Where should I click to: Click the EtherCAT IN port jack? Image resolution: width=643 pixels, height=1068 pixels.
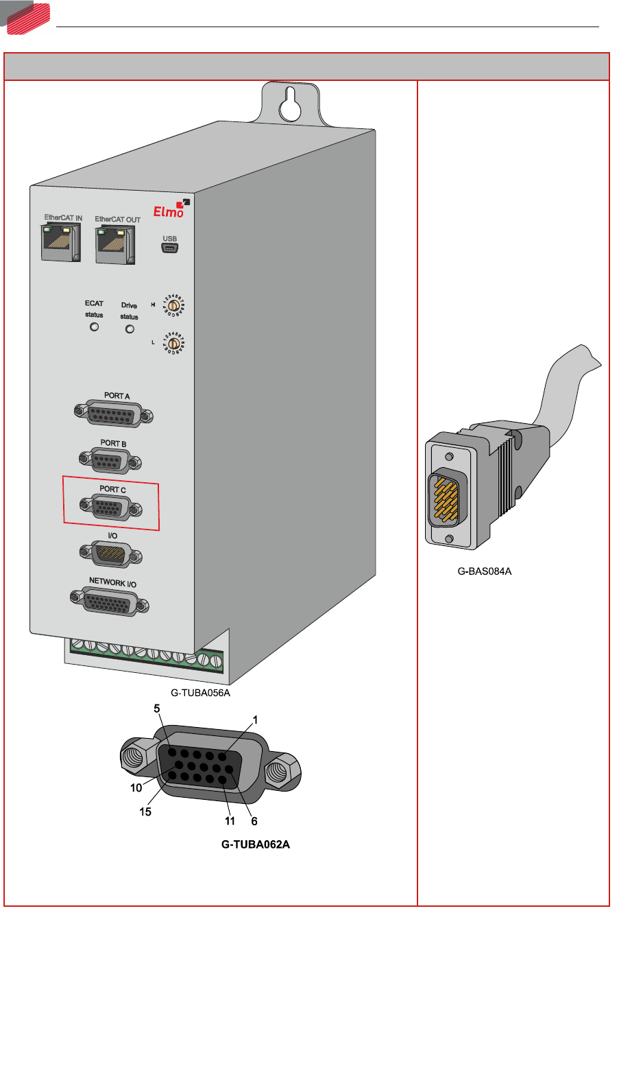coord(61,242)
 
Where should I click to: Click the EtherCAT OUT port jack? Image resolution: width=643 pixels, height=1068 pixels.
coord(114,245)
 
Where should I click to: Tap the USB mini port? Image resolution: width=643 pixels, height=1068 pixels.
coord(169,248)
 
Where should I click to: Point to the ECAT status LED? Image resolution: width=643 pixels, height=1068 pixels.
coord(95,327)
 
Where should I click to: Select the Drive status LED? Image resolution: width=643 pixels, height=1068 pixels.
coord(130,329)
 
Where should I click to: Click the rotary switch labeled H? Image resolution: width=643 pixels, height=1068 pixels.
coord(174,305)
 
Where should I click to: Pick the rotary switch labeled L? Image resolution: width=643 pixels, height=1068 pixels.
coord(174,342)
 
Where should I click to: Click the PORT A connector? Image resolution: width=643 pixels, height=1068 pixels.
coord(113,414)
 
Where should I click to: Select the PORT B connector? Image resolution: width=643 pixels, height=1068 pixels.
coord(110,460)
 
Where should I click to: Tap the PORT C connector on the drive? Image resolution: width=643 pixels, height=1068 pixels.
coord(110,508)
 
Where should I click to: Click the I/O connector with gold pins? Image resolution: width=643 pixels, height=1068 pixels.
coord(110,554)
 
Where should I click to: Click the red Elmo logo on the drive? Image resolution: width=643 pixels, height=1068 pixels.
coord(169,211)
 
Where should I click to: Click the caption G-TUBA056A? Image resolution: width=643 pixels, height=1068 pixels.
coord(200,693)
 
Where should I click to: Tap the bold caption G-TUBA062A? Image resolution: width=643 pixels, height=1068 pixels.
coord(255,844)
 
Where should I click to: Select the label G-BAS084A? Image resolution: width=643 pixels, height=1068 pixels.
coord(484,571)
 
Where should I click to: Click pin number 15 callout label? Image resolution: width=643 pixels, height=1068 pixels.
coord(145,811)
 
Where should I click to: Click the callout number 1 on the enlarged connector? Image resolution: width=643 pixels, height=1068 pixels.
coord(255,720)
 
